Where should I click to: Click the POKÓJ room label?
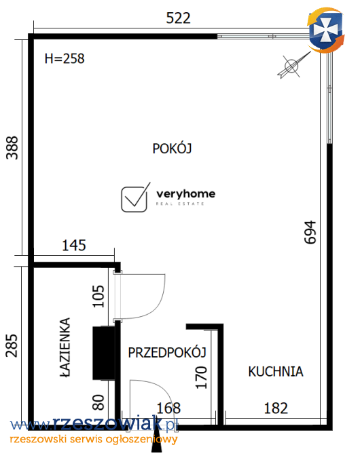point(172,148)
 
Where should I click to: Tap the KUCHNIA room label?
point(276,372)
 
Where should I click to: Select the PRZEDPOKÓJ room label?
point(167,352)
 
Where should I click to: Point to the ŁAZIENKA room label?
point(65,347)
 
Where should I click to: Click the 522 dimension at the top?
point(178,18)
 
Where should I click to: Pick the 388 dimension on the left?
point(12,148)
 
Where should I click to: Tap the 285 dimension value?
point(12,345)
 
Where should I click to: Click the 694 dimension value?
point(310,232)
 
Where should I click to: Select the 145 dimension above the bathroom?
point(74,246)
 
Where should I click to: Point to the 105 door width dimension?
point(98,297)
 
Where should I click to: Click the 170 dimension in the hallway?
point(201,377)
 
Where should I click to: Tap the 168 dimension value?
point(168,408)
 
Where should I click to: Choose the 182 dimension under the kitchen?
point(276,408)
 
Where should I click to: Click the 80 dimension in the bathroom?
point(98,402)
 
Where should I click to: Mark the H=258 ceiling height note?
point(65,58)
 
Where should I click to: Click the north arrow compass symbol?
point(293,66)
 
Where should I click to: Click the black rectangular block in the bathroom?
point(103,353)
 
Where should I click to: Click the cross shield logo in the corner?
point(325,31)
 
